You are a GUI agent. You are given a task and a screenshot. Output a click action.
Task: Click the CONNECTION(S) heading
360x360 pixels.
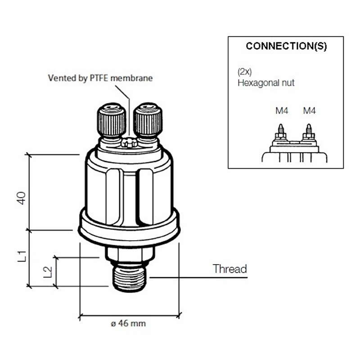coord(286,46)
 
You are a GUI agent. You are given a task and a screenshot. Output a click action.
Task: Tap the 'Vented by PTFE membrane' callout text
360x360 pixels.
coord(100,78)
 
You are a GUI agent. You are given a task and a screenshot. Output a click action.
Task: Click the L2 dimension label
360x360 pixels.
coord(47,271)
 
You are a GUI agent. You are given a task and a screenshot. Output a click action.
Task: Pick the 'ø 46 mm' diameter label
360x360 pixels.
coord(128,323)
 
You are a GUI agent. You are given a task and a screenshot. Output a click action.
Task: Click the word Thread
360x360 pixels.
coord(230,269)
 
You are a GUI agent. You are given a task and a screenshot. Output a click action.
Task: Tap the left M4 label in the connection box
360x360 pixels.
coord(282,110)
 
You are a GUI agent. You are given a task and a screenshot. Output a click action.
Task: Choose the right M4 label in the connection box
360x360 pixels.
coord(309,110)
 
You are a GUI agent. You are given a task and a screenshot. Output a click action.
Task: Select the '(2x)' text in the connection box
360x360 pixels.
coord(244,72)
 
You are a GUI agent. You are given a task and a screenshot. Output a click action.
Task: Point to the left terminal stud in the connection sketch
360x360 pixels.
coord(281,131)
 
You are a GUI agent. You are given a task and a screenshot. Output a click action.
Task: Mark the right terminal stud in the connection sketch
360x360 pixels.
coord(309,131)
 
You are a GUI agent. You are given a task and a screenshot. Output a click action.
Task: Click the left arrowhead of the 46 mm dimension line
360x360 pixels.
coord(81,315)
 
